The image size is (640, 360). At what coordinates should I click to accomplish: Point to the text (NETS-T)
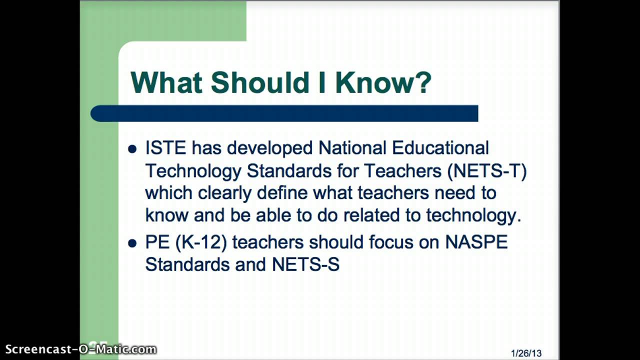[x=487, y=170]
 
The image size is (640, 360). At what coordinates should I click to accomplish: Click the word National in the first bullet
[x=352, y=148]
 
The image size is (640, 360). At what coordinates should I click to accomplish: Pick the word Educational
[x=440, y=148]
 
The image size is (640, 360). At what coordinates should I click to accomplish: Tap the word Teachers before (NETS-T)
[x=402, y=170]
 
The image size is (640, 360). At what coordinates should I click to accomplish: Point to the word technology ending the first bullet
[x=473, y=215]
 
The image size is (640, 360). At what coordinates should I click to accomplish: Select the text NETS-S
[x=305, y=264]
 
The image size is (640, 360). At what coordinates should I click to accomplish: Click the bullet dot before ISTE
[x=132, y=149]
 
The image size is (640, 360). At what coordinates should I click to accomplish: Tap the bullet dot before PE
[x=132, y=243]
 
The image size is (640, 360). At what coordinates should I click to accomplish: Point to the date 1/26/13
[x=526, y=353]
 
